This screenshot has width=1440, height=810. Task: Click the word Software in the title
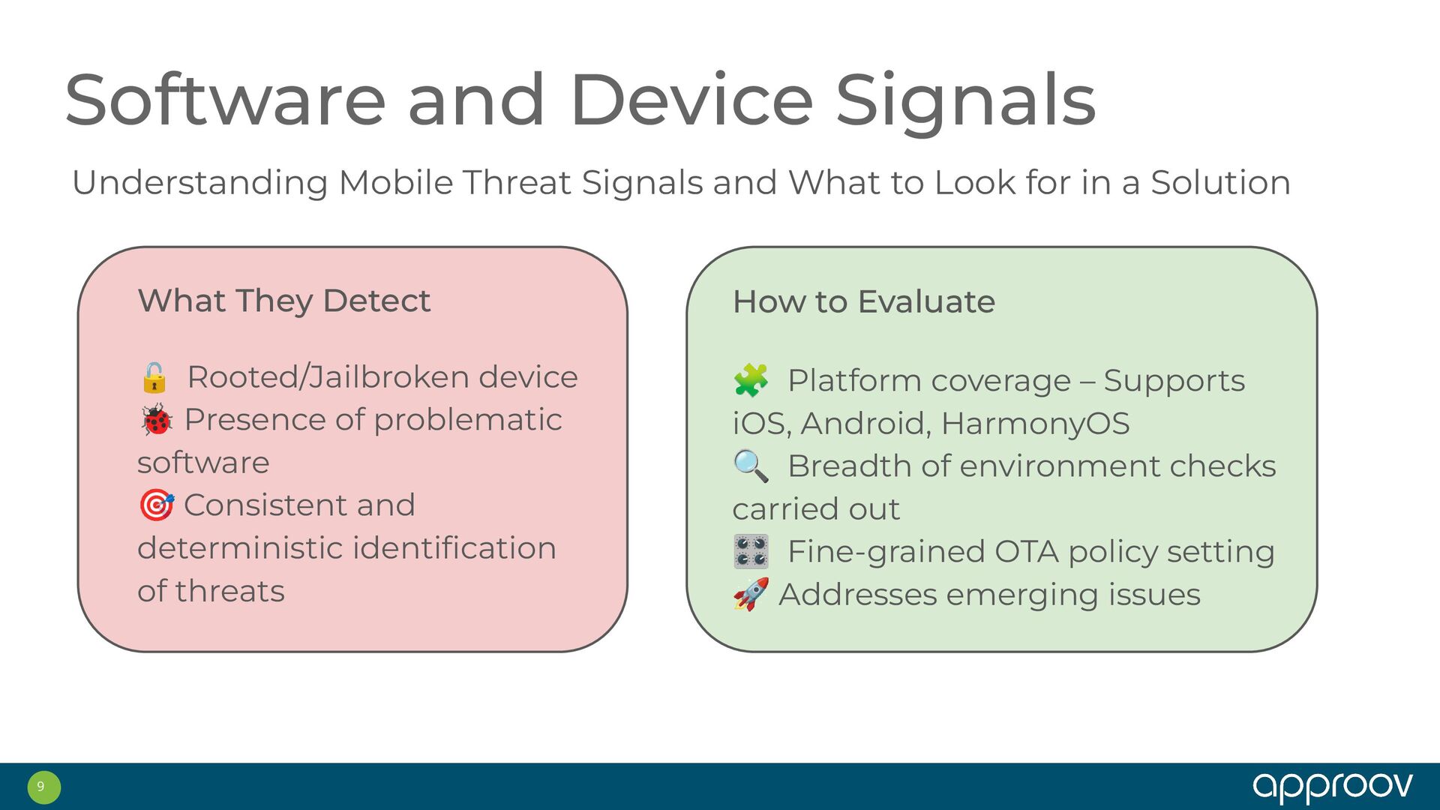point(226,100)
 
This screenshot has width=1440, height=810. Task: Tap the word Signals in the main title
point(966,104)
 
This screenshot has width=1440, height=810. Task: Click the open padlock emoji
point(154,377)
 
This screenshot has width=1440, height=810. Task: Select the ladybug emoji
point(156,420)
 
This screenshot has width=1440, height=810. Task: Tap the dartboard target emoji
point(156,505)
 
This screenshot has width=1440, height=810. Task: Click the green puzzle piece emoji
point(751,380)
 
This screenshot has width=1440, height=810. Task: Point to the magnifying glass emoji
point(751,466)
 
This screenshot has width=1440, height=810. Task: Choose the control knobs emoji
point(751,551)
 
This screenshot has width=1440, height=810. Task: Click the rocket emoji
point(751,594)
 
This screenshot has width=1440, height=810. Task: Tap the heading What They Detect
point(284,301)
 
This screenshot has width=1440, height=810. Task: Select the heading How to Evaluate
point(864,301)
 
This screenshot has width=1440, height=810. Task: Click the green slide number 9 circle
point(43,787)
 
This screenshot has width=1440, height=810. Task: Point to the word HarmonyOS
point(1036,424)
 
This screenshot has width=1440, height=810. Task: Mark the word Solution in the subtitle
point(1221,182)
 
